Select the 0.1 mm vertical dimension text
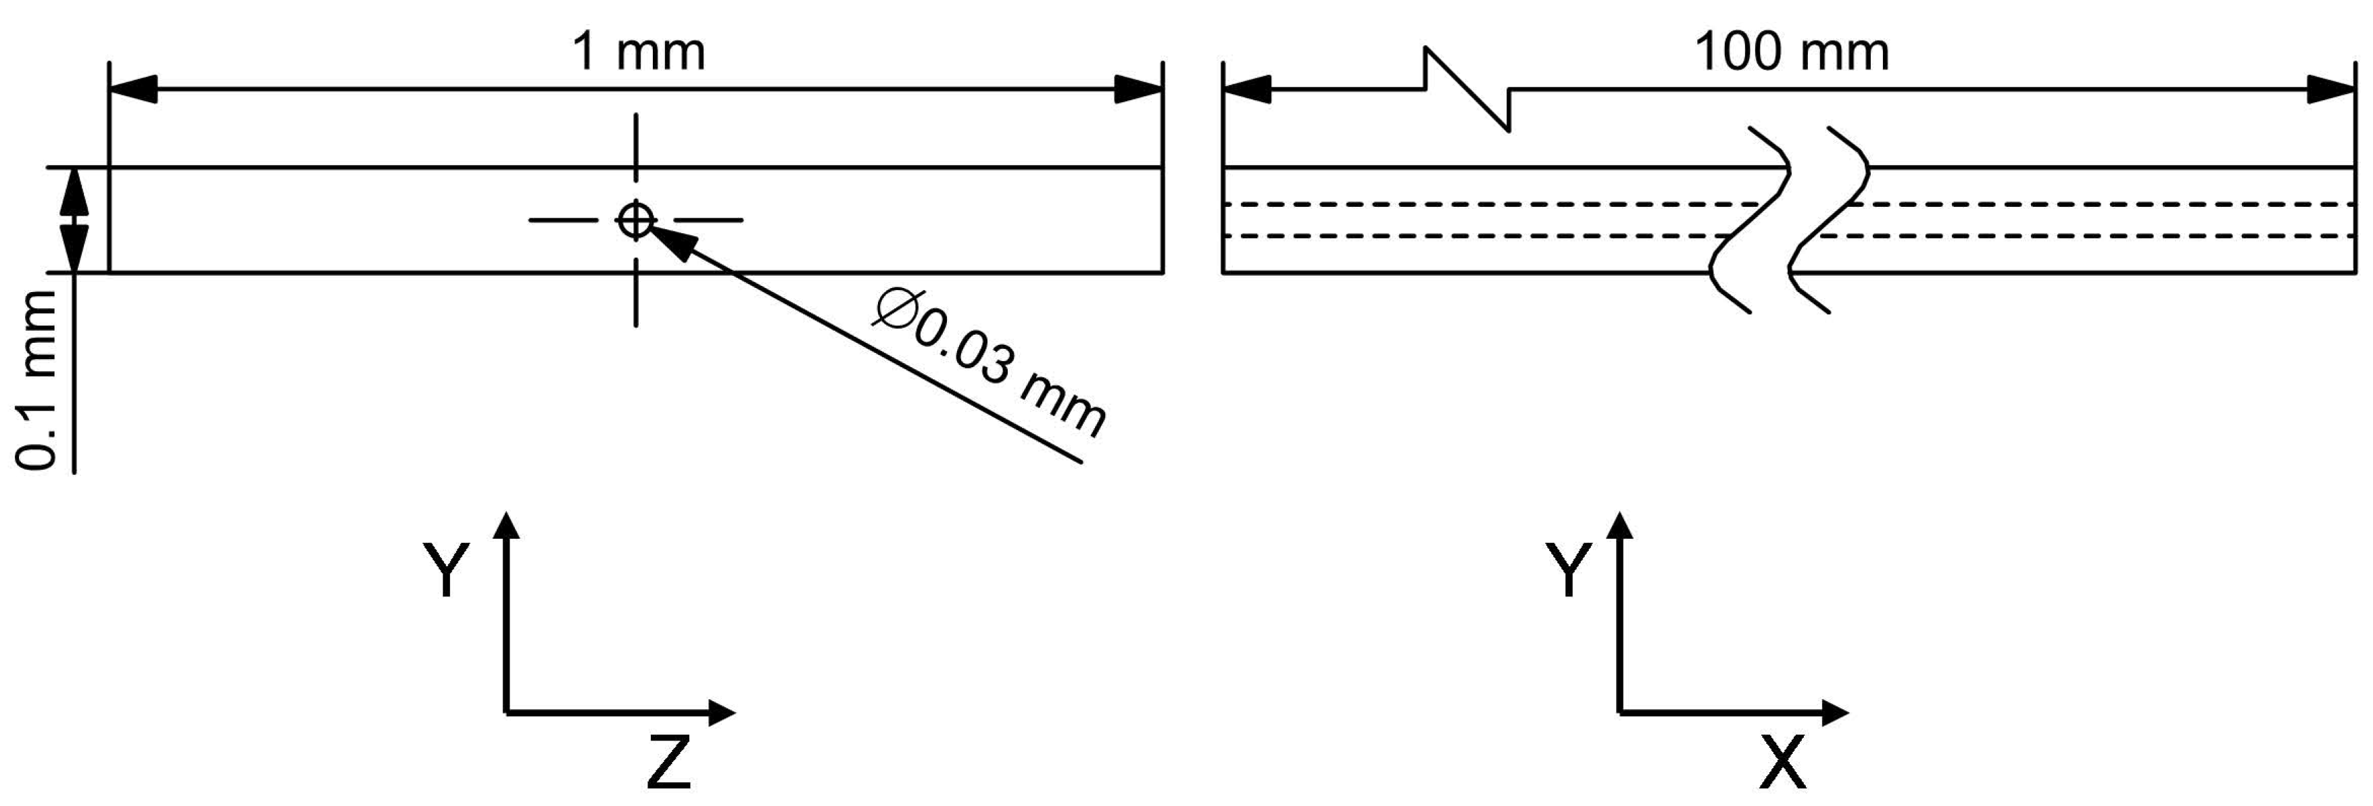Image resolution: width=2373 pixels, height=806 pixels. tap(38, 379)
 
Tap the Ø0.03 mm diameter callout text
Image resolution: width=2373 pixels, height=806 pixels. tap(990, 363)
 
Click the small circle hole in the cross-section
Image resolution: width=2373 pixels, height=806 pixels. tap(635, 220)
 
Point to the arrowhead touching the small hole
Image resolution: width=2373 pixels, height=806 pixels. tap(670, 241)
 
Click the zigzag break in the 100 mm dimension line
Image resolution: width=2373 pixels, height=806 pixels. tap(1467, 89)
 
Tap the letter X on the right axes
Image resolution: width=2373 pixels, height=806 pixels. tap(1782, 762)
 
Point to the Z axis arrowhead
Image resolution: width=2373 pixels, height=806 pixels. tap(720, 712)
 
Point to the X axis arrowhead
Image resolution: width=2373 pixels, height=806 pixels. tap(1834, 712)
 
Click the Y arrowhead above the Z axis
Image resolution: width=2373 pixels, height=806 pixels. tap(506, 525)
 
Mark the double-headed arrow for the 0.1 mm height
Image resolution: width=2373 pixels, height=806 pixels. tap(74, 220)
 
